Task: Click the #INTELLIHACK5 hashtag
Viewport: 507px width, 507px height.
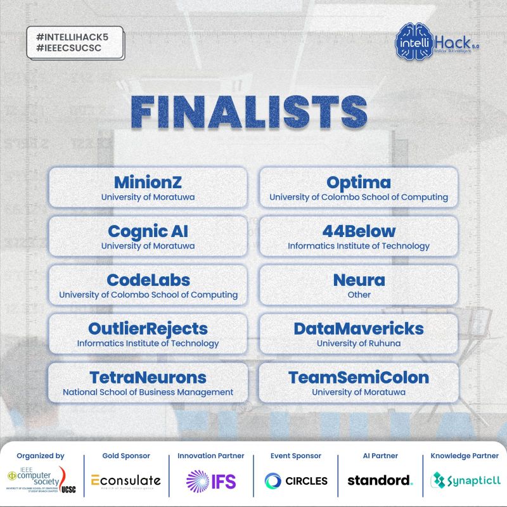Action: (x=73, y=37)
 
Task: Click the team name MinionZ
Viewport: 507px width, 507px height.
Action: (x=148, y=183)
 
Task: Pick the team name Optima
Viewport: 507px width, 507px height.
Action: (x=359, y=183)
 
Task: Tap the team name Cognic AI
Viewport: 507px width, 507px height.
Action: (x=148, y=231)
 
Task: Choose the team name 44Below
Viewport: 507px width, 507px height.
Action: (x=359, y=231)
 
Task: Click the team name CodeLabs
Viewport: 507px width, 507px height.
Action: (x=148, y=280)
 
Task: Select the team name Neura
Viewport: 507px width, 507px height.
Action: (x=359, y=280)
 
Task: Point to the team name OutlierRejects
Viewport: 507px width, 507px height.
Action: (x=148, y=329)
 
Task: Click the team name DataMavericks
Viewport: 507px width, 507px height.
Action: (x=359, y=329)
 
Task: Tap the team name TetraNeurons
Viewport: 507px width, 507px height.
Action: (x=148, y=378)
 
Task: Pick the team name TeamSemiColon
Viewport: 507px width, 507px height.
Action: (x=359, y=378)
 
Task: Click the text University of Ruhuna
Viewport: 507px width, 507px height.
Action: (x=359, y=343)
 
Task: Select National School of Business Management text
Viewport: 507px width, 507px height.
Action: (x=148, y=392)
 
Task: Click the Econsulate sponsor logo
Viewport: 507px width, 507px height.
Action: (x=125, y=480)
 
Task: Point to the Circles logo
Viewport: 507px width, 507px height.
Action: (x=296, y=480)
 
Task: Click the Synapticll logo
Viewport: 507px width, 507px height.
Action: (x=465, y=480)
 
